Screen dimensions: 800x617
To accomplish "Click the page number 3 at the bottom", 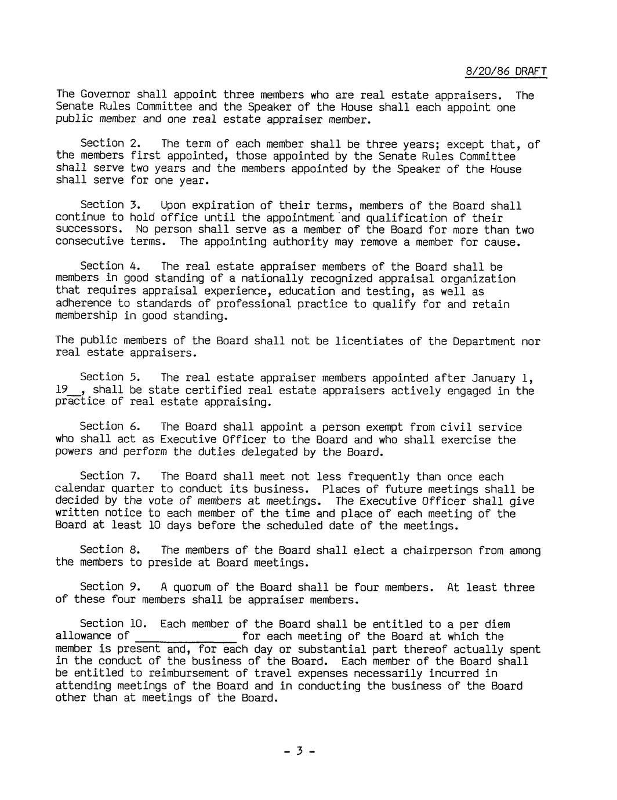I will pyautogui.click(x=299, y=751).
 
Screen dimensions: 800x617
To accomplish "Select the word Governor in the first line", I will pyautogui.click(x=104, y=94).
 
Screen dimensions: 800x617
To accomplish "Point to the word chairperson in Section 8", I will pyautogui.click(x=437, y=550).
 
